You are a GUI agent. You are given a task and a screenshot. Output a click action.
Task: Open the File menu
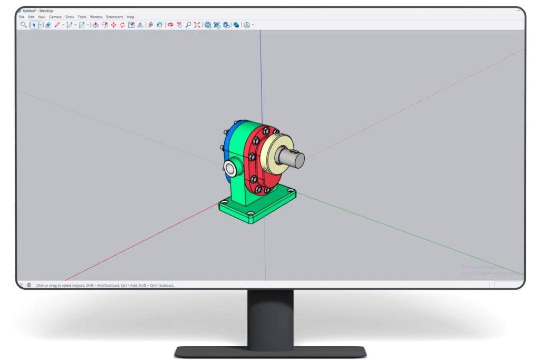coord(22,17)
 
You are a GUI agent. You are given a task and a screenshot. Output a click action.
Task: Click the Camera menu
coord(55,17)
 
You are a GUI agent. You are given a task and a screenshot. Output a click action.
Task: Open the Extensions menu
coord(114,17)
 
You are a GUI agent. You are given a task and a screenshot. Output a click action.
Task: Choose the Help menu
coord(131,17)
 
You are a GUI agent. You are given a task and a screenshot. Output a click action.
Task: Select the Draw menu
coord(70,17)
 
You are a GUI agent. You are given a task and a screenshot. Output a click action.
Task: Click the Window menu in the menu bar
coord(97,17)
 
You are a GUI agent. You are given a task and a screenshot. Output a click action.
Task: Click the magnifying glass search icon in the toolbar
coord(23,25)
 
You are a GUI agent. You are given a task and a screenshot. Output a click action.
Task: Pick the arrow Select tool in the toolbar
coord(35,25)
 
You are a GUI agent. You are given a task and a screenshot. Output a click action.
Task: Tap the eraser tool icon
coord(48,25)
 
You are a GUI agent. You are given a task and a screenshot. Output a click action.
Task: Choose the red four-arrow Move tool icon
coord(113,25)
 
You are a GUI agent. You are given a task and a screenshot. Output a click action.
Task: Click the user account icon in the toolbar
coord(247,25)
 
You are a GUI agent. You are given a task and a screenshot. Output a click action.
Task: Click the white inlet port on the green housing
coord(230,168)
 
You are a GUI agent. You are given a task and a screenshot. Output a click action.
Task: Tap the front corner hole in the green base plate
coord(251,213)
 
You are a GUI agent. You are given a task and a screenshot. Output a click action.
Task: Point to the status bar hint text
coord(105,285)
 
